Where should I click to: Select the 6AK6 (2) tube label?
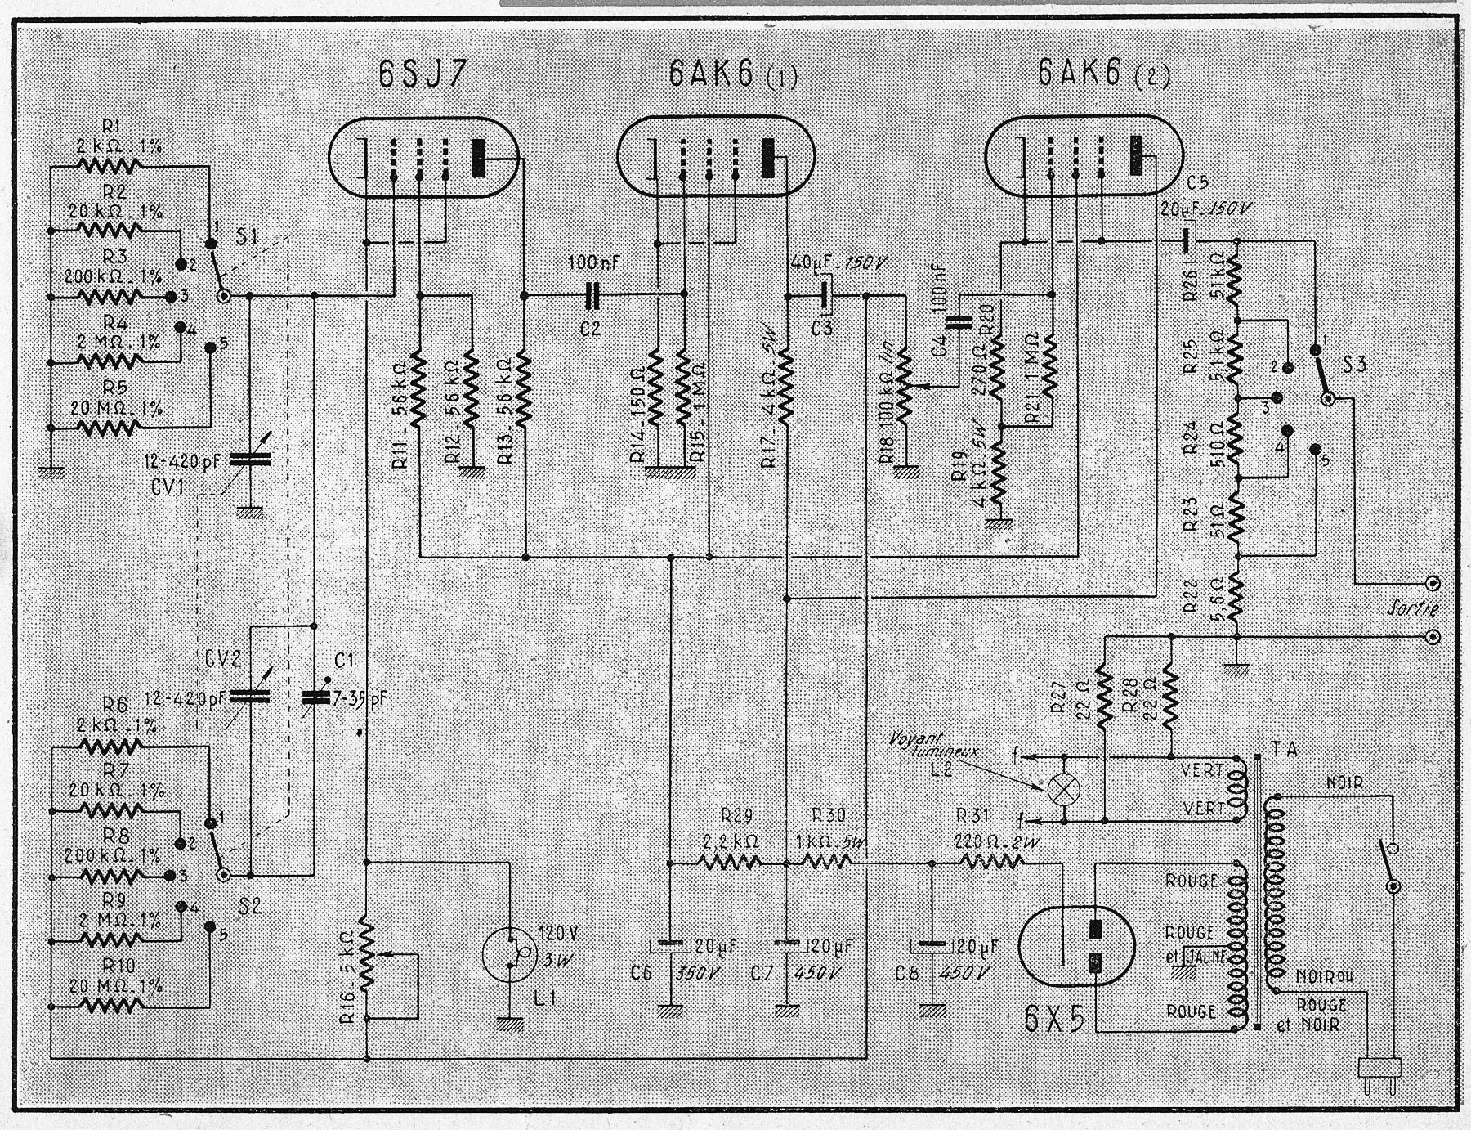click(1103, 74)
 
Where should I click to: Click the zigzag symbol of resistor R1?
click(110, 167)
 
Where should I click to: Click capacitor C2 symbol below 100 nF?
click(593, 295)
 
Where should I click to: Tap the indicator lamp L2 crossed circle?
click(1063, 790)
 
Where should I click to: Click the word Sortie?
click(1413, 608)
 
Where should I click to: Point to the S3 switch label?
click(1354, 364)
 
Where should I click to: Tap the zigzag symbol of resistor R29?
click(730, 861)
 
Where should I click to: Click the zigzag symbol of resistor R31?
click(991, 861)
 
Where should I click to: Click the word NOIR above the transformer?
click(1344, 783)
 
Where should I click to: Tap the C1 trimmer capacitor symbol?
click(314, 697)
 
